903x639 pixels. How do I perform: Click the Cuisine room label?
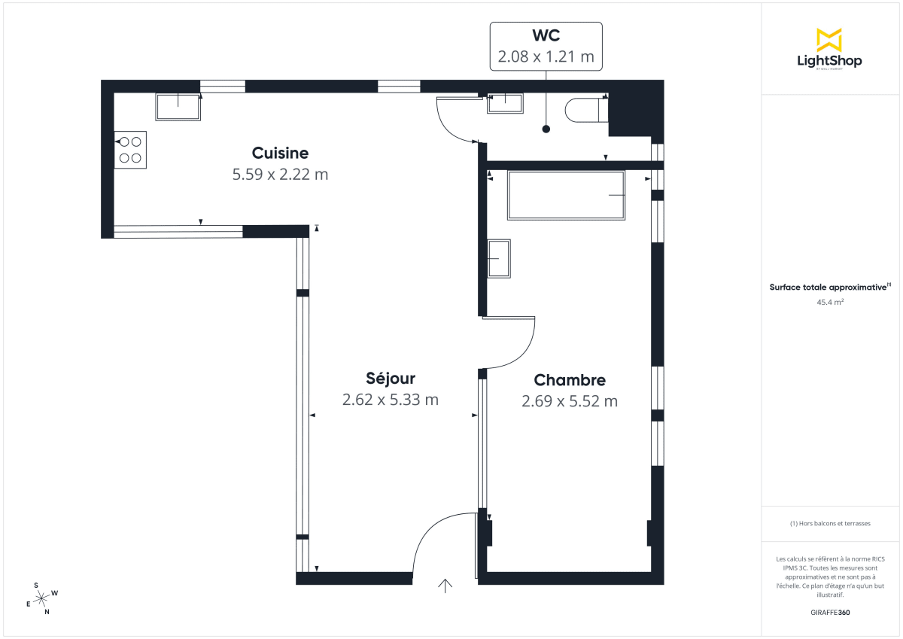point(280,154)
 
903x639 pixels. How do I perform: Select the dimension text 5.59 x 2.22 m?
point(280,175)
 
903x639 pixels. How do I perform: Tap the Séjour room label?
point(390,379)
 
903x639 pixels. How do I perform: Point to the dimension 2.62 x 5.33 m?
point(390,400)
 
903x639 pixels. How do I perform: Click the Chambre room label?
point(569,380)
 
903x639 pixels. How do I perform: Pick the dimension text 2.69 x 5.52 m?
point(569,401)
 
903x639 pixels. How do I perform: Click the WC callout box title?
point(546,35)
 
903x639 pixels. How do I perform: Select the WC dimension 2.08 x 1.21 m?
point(546,56)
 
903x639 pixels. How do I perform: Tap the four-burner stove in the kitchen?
point(130,150)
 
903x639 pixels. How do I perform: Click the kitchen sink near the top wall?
point(178,107)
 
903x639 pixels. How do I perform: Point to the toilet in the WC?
point(585,110)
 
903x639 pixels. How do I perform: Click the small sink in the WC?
point(504,103)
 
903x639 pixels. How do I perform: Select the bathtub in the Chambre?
point(566,196)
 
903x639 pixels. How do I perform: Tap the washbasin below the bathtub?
point(498,258)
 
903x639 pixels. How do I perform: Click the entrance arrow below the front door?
point(445,586)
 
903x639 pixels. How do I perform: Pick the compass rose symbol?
point(43,598)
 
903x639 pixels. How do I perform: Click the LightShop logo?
point(829,50)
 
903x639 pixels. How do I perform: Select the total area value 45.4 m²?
point(829,302)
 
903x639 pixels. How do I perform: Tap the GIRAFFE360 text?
point(829,613)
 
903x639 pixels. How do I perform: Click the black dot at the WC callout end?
point(546,129)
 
